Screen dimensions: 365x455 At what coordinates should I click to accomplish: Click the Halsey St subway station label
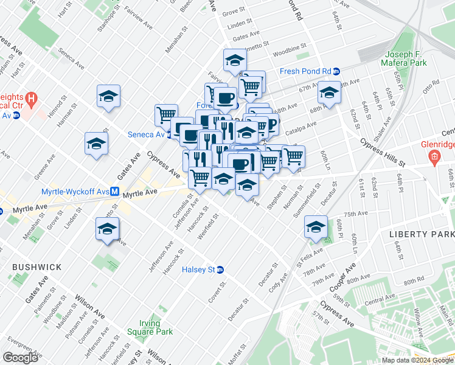[199, 269]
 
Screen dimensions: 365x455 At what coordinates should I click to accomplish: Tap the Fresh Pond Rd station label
[305, 71]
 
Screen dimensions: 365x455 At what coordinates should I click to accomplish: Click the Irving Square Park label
[150, 327]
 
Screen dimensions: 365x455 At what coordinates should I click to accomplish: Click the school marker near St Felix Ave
[316, 227]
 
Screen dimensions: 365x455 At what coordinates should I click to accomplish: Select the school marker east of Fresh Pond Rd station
[329, 92]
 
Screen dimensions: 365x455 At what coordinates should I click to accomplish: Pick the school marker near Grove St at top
[235, 60]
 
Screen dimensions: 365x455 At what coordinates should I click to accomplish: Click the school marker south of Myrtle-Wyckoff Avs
[107, 229]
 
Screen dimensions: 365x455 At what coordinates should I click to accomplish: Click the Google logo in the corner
[20, 357]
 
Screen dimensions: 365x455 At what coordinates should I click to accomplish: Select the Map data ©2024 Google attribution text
[417, 360]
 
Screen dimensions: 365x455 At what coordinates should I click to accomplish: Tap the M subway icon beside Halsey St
[220, 269]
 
